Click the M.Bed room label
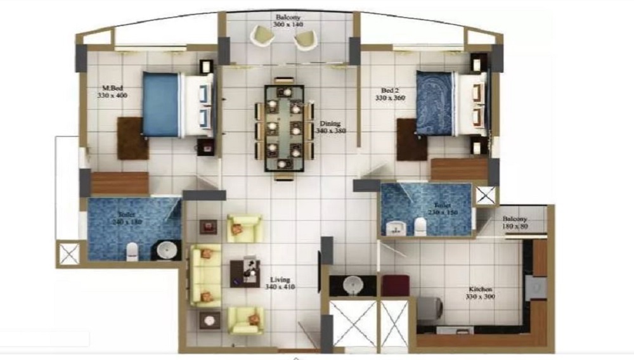click(x=113, y=91)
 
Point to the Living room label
click(x=280, y=283)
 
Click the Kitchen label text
click(x=479, y=293)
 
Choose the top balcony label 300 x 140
click(x=288, y=21)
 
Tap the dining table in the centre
click(x=283, y=129)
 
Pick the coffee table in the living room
click(x=245, y=273)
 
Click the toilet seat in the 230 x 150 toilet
click(x=420, y=226)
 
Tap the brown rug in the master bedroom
click(x=133, y=138)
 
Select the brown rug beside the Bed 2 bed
click(x=411, y=140)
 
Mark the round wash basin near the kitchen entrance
click(x=352, y=286)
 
